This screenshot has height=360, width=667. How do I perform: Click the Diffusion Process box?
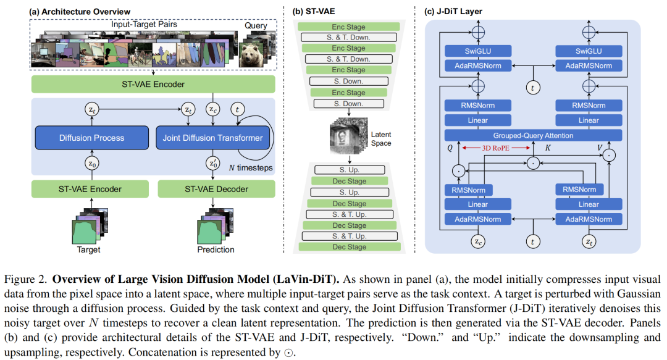pos(92,138)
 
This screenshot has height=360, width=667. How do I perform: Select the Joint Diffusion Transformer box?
pos(212,138)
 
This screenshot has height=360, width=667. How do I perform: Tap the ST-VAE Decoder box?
pos(217,189)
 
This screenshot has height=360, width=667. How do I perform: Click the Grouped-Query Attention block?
pos(533,135)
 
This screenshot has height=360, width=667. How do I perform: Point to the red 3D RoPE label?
pos(495,148)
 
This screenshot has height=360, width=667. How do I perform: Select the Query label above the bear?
pos(256,25)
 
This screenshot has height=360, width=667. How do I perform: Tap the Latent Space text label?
pos(380,139)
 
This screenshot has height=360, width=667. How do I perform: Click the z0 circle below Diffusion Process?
pos(92,164)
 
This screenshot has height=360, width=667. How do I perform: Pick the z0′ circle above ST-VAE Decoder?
pos(213,164)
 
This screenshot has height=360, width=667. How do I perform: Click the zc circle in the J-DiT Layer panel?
pos(478,241)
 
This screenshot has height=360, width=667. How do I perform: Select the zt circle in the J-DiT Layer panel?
pos(589,241)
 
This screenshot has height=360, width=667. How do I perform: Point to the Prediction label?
pos(216,250)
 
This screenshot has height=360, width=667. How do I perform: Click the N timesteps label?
pos(251,168)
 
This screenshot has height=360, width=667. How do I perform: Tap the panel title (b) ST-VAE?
pos(314,12)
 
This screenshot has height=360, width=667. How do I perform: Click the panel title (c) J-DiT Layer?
pos(453,12)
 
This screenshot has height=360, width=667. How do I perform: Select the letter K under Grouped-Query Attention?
pos(548,148)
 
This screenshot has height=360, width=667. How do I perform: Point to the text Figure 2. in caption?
pos(25,280)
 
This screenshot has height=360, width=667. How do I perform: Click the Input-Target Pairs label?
pos(144,24)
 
